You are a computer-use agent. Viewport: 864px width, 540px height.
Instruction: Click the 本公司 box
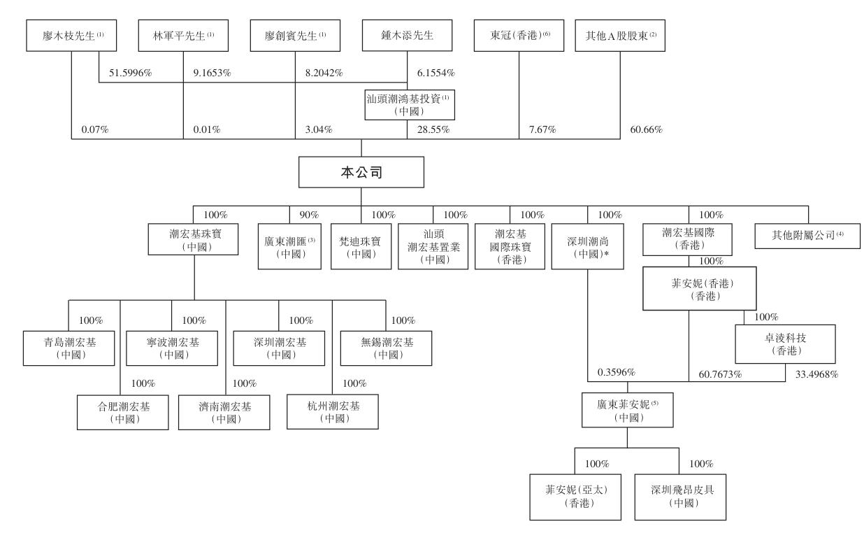pyautogui.click(x=361, y=173)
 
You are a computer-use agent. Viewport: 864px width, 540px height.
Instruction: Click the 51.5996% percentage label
pyautogui.click(x=128, y=73)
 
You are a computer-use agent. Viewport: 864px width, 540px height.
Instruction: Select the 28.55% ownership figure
pyautogui.click(x=433, y=130)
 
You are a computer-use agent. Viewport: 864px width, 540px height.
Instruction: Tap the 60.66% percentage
pyautogui.click(x=647, y=130)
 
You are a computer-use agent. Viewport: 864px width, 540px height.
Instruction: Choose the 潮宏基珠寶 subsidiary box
pyautogui.click(x=184, y=238)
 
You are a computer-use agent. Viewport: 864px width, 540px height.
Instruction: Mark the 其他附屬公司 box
pyautogui.click(x=808, y=236)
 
